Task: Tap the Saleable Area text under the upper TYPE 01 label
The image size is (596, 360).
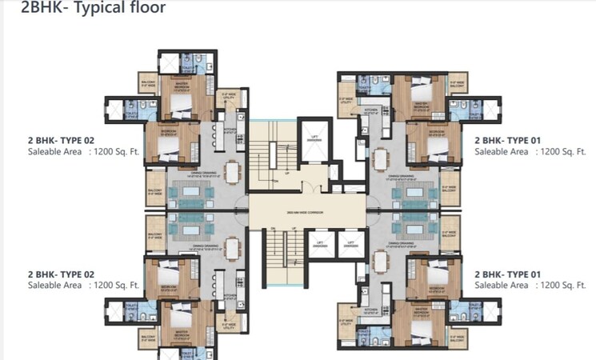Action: point(501,150)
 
